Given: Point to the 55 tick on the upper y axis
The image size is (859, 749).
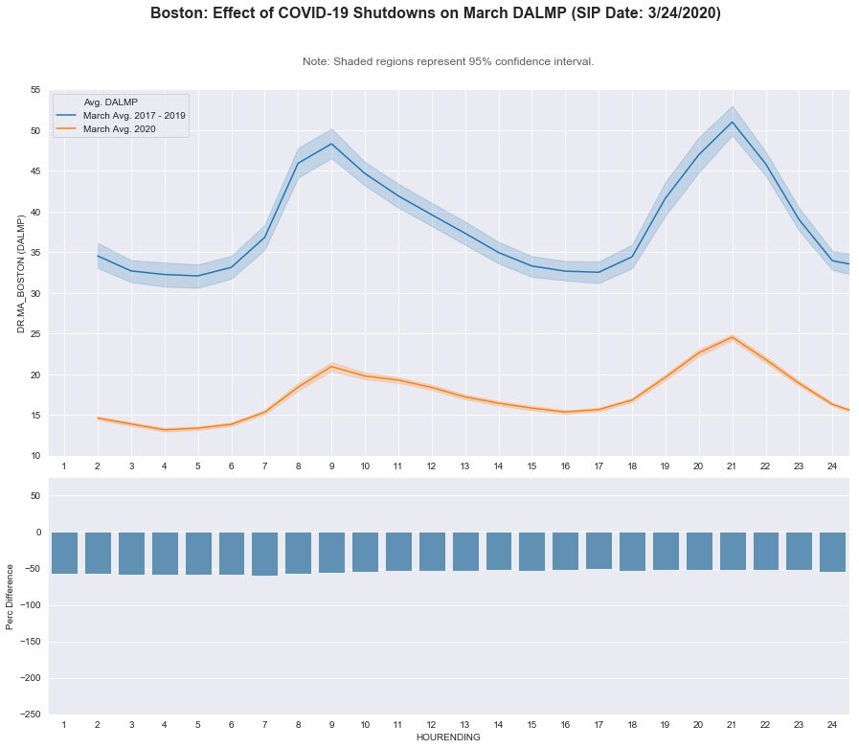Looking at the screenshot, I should point(34,90).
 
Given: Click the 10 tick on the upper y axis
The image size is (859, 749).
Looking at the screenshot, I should point(34,456).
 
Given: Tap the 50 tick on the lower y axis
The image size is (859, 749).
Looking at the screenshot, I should point(34,496).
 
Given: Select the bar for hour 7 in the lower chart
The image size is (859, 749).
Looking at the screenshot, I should point(264,554).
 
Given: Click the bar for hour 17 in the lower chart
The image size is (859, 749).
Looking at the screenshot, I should point(599,551).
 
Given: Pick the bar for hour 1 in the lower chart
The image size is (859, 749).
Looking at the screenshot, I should point(64,553).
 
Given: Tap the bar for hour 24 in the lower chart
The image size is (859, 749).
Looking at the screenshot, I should point(832,552).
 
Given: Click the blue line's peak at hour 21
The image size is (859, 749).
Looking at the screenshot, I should point(733,122).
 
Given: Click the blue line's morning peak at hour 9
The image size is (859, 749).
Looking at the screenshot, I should point(331,144).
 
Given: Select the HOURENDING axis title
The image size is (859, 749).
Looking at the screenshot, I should point(447,738).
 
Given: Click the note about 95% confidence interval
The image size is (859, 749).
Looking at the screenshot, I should point(447,61).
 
